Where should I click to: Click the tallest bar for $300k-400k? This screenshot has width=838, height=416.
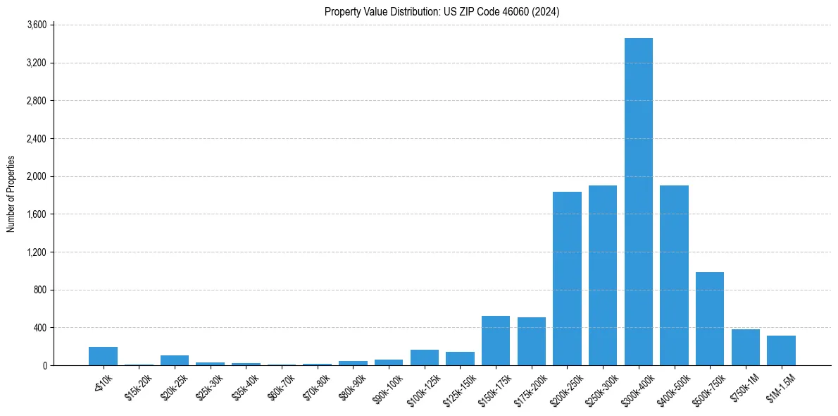(639, 202)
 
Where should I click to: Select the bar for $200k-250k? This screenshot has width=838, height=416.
(567, 279)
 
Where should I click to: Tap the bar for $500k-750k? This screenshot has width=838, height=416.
(710, 319)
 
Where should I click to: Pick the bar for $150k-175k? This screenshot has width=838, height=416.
(496, 341)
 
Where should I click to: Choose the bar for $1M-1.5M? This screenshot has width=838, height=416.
(781, 350)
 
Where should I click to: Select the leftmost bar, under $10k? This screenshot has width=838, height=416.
(103, 356)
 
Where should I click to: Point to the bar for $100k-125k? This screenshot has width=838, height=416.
(425, 357)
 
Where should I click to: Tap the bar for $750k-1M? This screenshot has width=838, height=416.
(746, 348)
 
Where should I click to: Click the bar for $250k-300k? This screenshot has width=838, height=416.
(603, 276)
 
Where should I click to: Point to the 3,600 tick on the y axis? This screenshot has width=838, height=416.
(36, 25)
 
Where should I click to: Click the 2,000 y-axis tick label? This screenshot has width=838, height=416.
(36, 176)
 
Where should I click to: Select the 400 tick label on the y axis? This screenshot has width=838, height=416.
(39, 328)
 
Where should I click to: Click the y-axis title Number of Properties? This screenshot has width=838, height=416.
(11, 194)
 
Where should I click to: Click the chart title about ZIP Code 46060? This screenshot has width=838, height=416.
(442, 11)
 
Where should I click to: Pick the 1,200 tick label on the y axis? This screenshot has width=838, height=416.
(36, 252)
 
